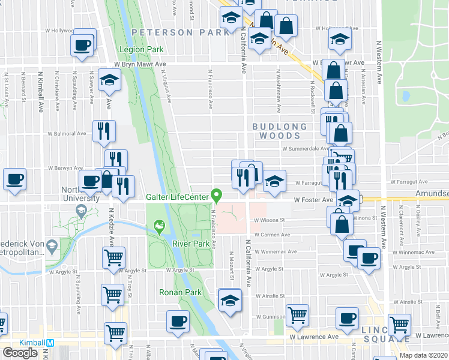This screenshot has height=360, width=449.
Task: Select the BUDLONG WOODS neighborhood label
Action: tap(280, 131)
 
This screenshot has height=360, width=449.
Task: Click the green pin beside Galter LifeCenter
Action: tap(217, 196)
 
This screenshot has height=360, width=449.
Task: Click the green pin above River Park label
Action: tap(159, 226)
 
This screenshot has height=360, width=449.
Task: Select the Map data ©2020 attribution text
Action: tap(423, 355)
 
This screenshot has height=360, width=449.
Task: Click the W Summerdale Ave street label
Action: tap(304, 149)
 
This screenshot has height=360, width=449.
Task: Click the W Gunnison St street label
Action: tap(273, 316)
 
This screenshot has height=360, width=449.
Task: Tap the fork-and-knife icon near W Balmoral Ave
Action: tap(104, 130)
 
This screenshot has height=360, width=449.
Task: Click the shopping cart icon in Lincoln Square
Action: tap(399, 325)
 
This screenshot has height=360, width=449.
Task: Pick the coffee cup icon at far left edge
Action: tap(14, 179)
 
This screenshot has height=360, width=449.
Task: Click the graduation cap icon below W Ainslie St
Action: tap(229, 301)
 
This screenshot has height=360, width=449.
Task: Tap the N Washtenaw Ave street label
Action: tap(279, 98)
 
